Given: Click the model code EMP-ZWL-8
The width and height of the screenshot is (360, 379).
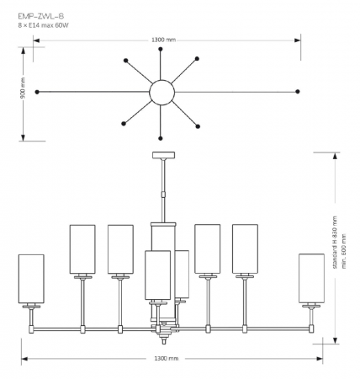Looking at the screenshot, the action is click(41, 17).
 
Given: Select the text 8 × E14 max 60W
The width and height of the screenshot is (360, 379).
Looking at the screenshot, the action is click(44, 25).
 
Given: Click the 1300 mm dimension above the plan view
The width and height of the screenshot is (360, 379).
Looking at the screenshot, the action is click(164, 40).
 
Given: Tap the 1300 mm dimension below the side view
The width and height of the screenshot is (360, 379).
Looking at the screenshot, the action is click(167, 359).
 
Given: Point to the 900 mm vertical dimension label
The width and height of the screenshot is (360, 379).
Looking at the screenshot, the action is click(24, 88).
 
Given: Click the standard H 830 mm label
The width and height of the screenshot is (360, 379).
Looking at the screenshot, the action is click(335, 243).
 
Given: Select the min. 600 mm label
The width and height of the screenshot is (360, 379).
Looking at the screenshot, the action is click(344, 251).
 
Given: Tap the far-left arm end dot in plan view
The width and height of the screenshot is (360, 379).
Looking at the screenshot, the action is click(37, 92).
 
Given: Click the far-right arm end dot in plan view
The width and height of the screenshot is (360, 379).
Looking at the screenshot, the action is click(298, 92).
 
